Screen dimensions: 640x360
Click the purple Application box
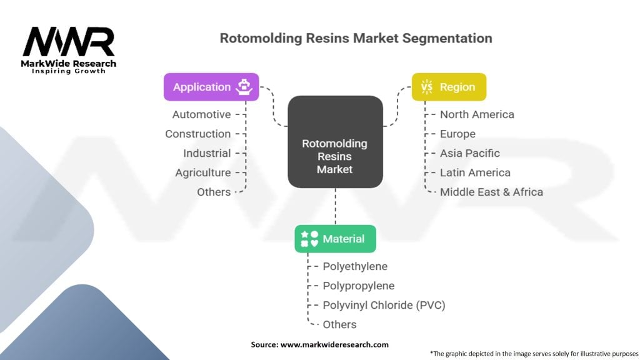211,87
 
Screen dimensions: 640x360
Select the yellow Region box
449,87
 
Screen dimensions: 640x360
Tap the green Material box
335,239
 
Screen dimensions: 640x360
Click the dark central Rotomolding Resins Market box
335,142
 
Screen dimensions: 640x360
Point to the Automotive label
202,115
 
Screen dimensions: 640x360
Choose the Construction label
198,134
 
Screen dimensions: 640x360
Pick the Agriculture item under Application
203,172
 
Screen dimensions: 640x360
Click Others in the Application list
214,192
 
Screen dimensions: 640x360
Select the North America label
477,115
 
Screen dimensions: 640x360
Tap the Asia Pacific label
470,154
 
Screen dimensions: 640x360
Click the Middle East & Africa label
491,192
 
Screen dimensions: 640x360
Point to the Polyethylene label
355,266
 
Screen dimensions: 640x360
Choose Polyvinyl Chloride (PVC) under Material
384,305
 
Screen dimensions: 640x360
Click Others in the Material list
339,324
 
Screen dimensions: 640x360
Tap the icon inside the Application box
244,87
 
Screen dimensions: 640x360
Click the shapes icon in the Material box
309,239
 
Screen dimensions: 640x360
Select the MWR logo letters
69,42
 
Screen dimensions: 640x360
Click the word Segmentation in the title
447,38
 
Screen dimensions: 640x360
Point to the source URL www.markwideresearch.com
335,344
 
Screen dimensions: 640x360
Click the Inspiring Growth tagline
69,71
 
